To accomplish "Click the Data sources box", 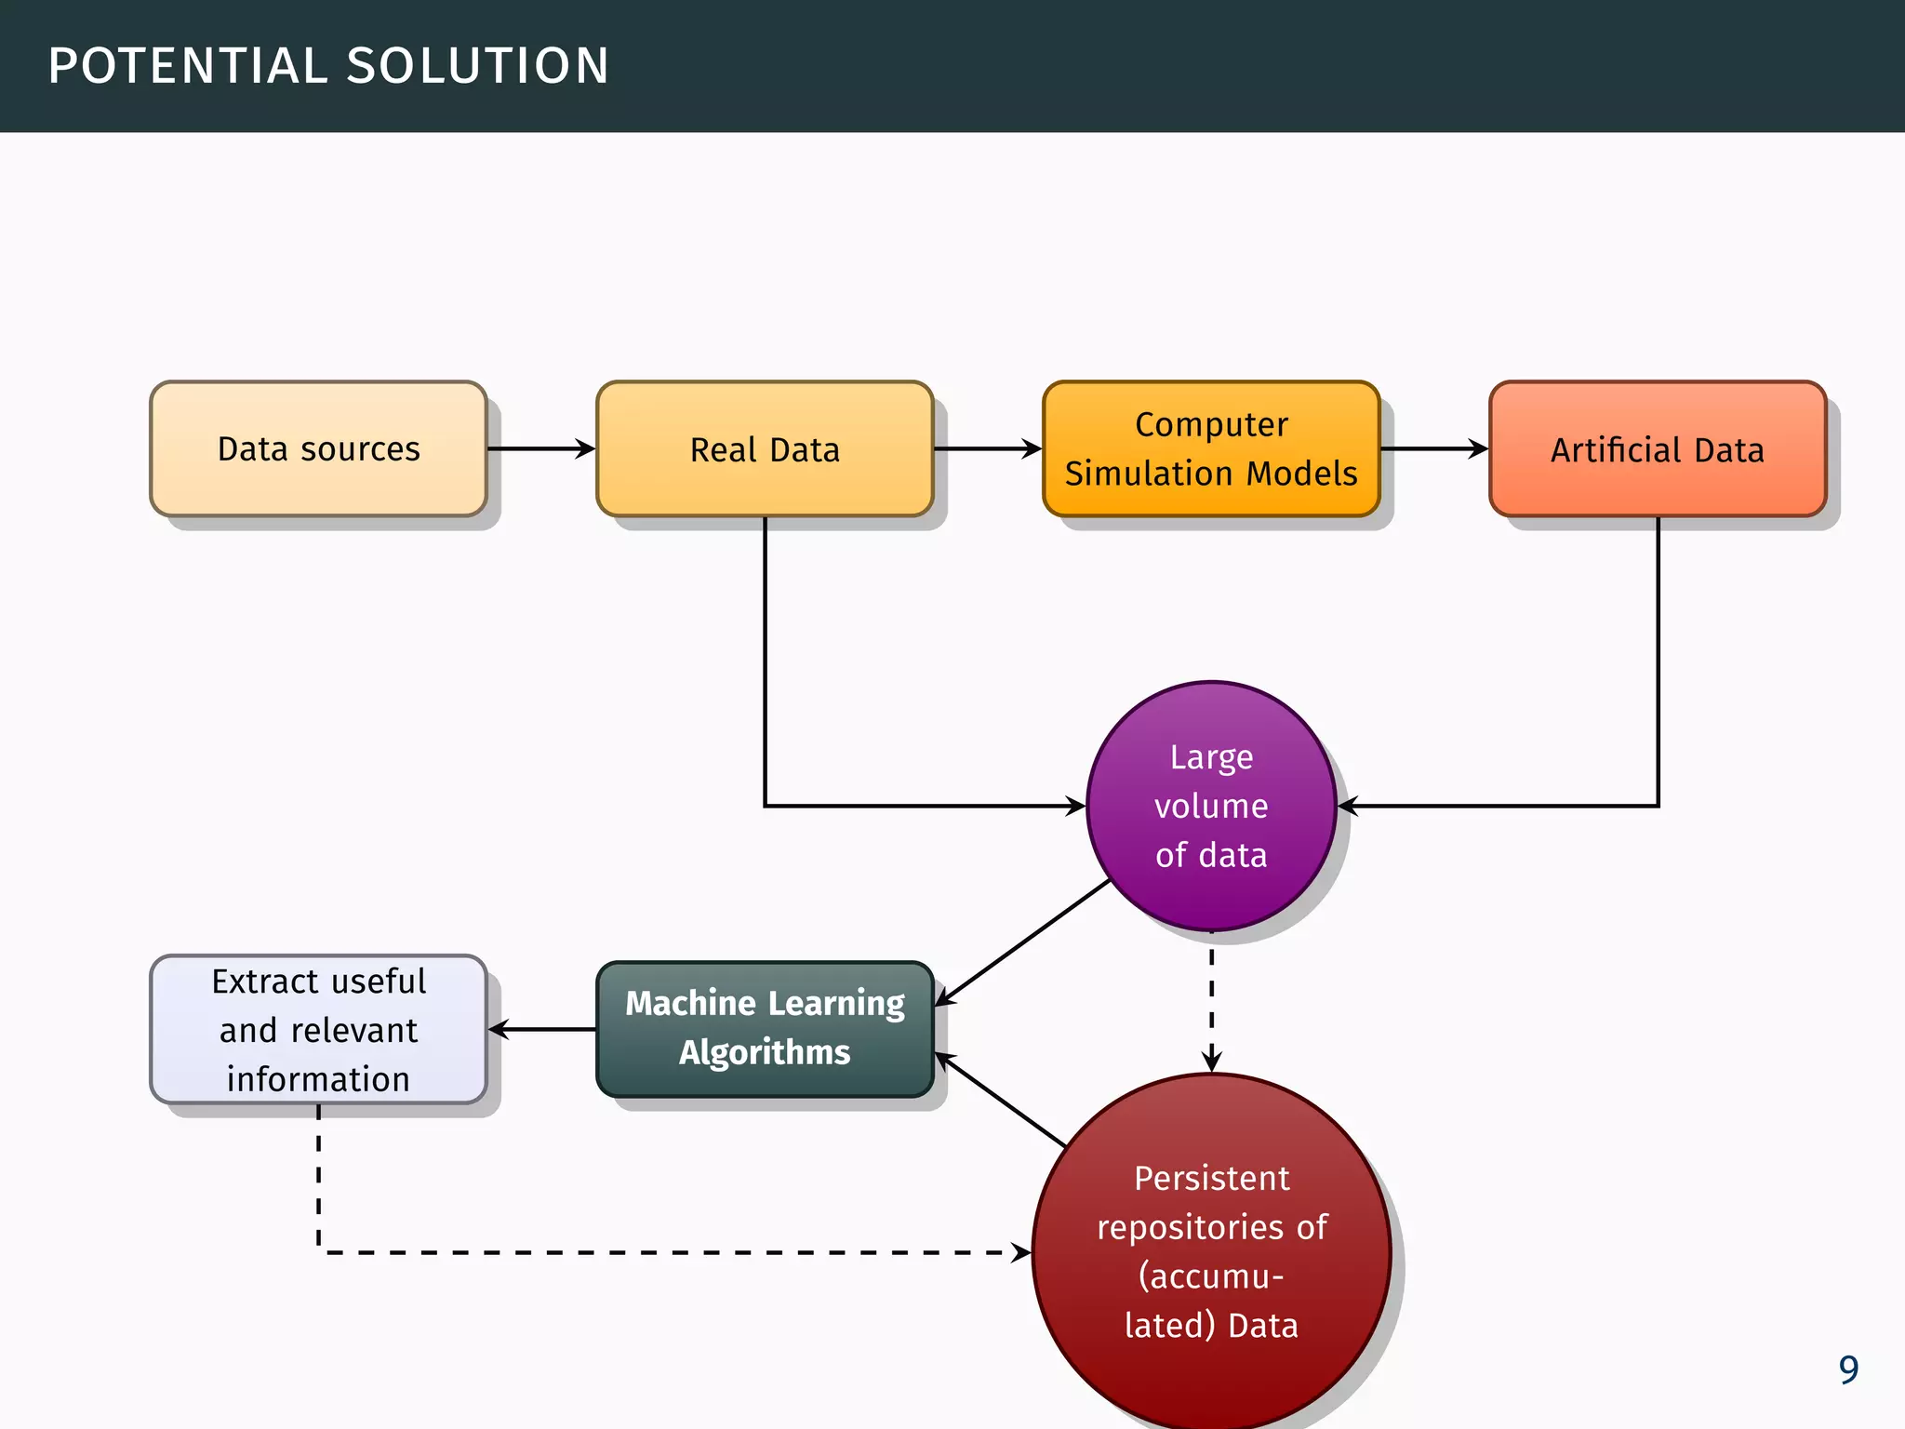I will pyautogui.click(x=318, y=448).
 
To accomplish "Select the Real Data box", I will pyautogui.click(x=765, y=448).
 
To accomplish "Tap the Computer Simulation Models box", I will pyautogui.click(x=1211, y=448).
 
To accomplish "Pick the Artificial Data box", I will pyautogui.click(x=1658, y=448).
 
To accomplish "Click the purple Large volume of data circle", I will pyautogui.click(x=1211, y=806).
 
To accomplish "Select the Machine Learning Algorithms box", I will pyautogui.click(x=765, y=1028).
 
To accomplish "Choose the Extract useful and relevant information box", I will pyautogui.click(x=318, y=1029).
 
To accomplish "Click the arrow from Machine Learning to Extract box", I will pyautogui.click(x=542, y=1029).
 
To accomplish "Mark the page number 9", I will pyautogui.click(x=1847, y=1369).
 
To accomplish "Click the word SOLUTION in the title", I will pyautogui.click(x=477, y=66).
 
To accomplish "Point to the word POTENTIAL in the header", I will pyautogui.click(x=187, y=66).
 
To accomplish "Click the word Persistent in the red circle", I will pyautogui.click(x=1211, y=1178).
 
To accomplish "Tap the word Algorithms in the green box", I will pyautogui.click(x=765, y=1052).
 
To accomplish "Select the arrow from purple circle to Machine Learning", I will pyautogui.click(x=1023, y=942).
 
